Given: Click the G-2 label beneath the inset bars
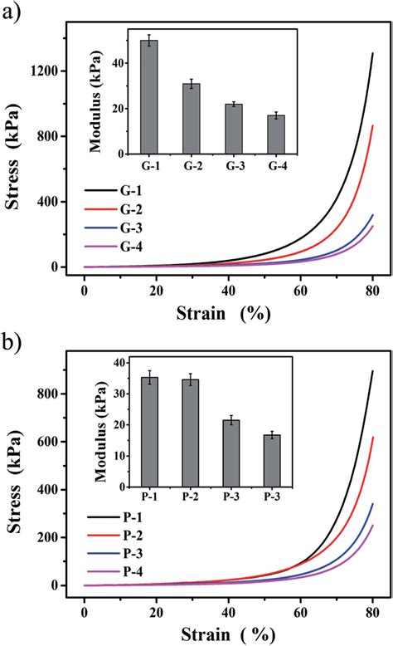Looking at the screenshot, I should (192, 165).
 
